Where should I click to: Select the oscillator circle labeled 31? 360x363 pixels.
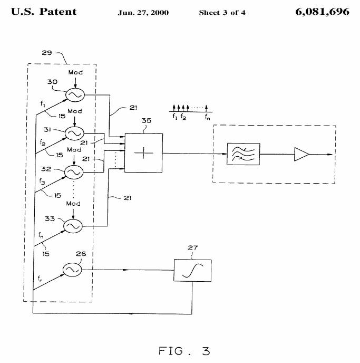(x=73, y=132)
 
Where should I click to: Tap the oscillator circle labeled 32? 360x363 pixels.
(x=73, y=172)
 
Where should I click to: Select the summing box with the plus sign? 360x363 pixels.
(x=143, y=153)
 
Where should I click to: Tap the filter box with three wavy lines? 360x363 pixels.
(x=243, y=155)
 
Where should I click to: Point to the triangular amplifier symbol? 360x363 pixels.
(x=302, y=155)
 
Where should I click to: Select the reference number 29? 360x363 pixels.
(x=47, y=53)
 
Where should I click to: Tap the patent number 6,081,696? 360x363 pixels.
(x=323, y=12)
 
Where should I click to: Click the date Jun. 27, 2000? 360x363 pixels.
(x=143, y=13)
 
